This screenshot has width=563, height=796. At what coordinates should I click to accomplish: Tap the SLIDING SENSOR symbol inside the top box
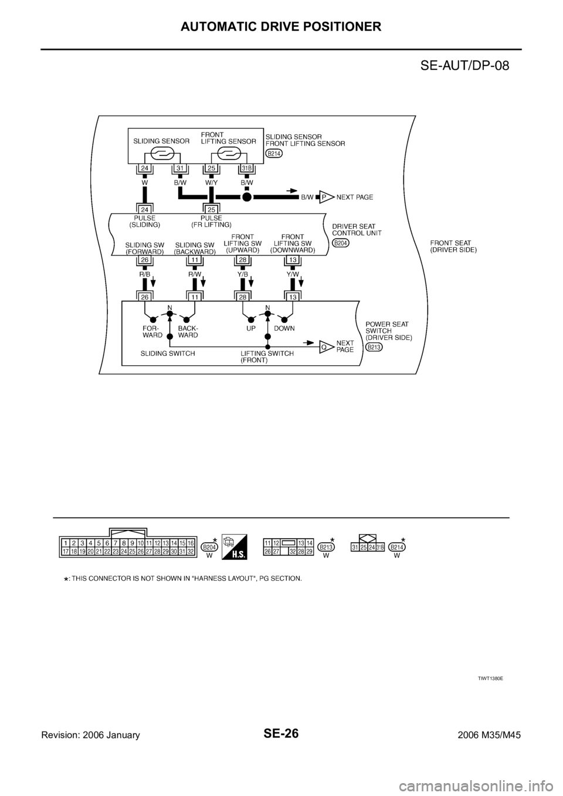161,154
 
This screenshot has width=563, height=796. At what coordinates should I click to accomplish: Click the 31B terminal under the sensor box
247,169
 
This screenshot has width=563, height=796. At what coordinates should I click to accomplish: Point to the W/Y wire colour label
211,182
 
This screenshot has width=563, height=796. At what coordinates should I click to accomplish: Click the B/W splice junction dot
247,198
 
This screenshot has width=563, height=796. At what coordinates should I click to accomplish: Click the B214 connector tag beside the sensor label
274,154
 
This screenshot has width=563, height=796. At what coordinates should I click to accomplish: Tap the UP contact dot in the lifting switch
250,320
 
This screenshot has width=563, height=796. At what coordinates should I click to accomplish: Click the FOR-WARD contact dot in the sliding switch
153,320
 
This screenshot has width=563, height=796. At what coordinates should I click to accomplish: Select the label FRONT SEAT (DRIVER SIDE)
453,246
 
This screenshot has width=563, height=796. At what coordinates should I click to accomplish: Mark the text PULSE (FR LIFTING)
211,222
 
